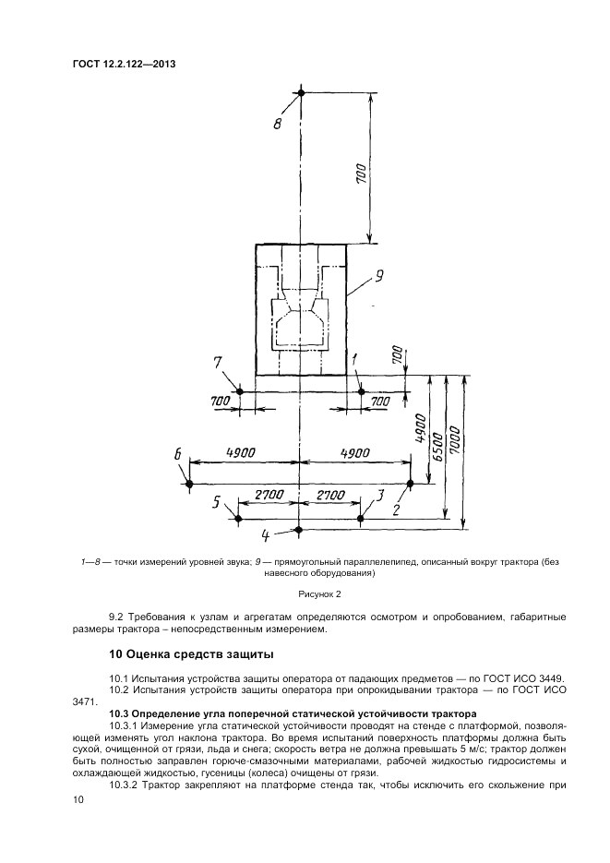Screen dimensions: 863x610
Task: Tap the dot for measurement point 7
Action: click(239, 391)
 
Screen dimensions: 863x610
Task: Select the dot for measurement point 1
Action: click(362, 391)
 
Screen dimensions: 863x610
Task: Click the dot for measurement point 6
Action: click(188, 483)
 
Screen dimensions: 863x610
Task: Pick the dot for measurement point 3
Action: click(362, 519)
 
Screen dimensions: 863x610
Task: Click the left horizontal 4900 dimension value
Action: click(242, 452)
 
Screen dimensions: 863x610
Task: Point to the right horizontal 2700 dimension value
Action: click(330, 496)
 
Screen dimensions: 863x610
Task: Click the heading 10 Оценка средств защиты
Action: click(191, 654)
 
